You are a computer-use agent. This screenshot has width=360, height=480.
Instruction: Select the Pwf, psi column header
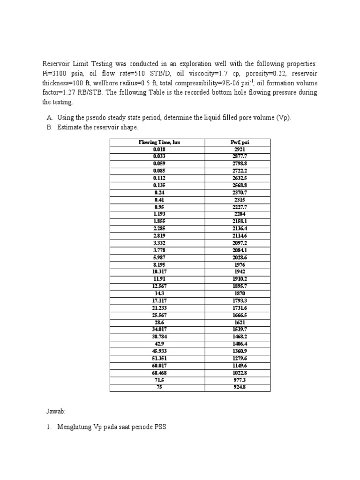click(239, 142)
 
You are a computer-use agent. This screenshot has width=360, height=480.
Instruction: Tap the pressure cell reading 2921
click(239, 149)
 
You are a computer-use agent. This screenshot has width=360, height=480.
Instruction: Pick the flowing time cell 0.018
click(159, 149)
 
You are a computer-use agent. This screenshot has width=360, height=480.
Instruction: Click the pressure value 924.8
click(239, 387)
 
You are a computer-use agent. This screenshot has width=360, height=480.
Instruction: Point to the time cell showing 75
click(159, 387)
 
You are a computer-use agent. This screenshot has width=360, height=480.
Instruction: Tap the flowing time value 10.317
click(159, 271)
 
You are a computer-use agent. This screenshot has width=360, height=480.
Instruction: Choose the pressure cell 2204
click(239, 214)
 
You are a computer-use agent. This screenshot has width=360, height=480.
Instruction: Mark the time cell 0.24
click(159, 192)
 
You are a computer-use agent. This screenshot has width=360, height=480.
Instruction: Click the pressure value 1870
click(239, 293)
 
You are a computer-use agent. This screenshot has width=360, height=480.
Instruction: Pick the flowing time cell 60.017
click(159, 366)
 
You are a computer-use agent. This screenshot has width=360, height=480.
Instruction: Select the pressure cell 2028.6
click(239, 257)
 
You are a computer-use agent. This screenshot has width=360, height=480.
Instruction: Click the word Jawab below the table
click(56, 411)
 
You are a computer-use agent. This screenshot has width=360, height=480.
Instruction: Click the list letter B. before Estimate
click(49, 127)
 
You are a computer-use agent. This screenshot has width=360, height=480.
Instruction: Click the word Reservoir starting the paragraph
click(57, 64)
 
